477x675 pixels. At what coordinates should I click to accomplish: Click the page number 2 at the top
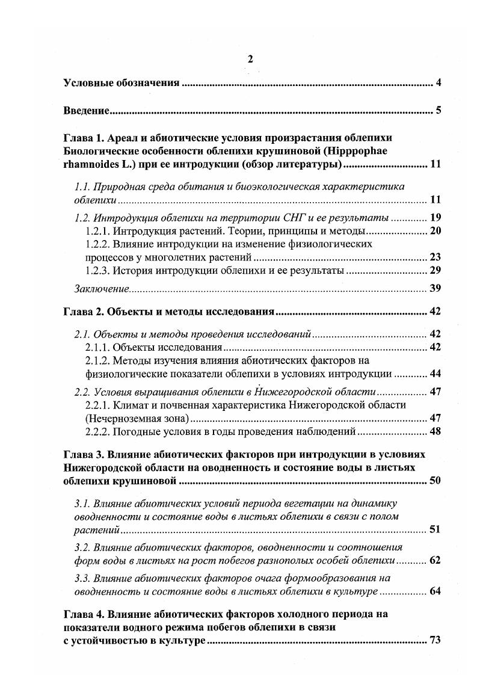tap(251, 58)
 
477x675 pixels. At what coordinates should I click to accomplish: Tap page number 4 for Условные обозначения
tap(439, 82)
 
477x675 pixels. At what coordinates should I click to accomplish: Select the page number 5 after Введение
tap(439, 111)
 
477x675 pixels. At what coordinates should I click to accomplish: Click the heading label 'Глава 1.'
tap(82, 139)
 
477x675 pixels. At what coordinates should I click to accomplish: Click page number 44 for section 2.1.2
tap(435, 374)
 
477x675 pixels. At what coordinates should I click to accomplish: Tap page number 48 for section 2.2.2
tap(435, 431)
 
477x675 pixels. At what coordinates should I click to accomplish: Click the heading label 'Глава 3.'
tap(82, 454)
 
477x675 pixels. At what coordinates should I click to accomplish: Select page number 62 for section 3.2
tap(435, 560)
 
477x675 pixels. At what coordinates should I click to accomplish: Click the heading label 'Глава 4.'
tap(82, 614)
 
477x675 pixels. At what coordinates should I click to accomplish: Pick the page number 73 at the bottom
tap(435, 640)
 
